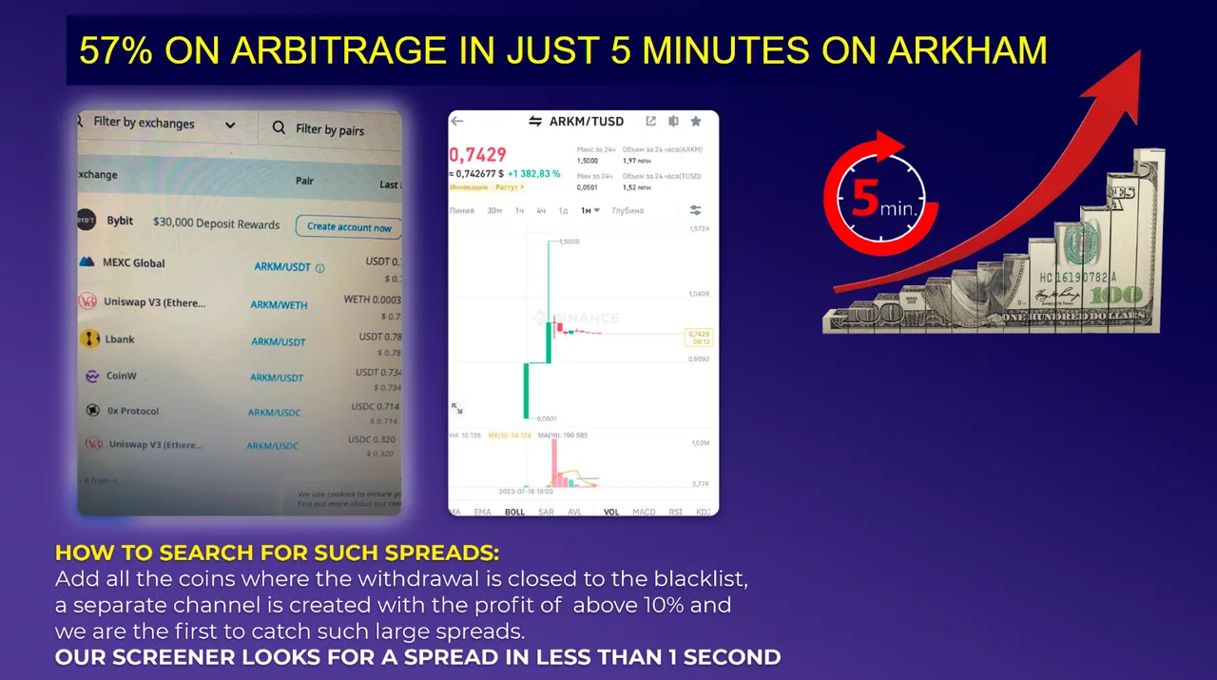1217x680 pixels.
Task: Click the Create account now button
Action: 349,227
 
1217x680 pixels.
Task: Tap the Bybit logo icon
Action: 87,221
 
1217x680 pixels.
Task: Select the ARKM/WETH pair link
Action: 279,304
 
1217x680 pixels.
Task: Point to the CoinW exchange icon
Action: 92,377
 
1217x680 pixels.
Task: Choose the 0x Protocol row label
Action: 133,411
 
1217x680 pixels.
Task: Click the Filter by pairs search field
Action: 329,129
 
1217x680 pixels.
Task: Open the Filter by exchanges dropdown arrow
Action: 230,125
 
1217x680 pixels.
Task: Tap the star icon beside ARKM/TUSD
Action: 696,122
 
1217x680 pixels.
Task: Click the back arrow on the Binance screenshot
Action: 457,122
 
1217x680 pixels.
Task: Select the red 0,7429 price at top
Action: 478,154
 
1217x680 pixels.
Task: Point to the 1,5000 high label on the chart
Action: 566,242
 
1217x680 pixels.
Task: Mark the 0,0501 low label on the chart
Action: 546,418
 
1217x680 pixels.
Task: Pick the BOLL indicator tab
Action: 514,512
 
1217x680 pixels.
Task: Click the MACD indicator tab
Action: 644,512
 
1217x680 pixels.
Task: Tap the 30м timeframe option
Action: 494,210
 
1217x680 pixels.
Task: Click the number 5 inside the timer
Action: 863,198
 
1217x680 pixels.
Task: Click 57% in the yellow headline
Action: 115,51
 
